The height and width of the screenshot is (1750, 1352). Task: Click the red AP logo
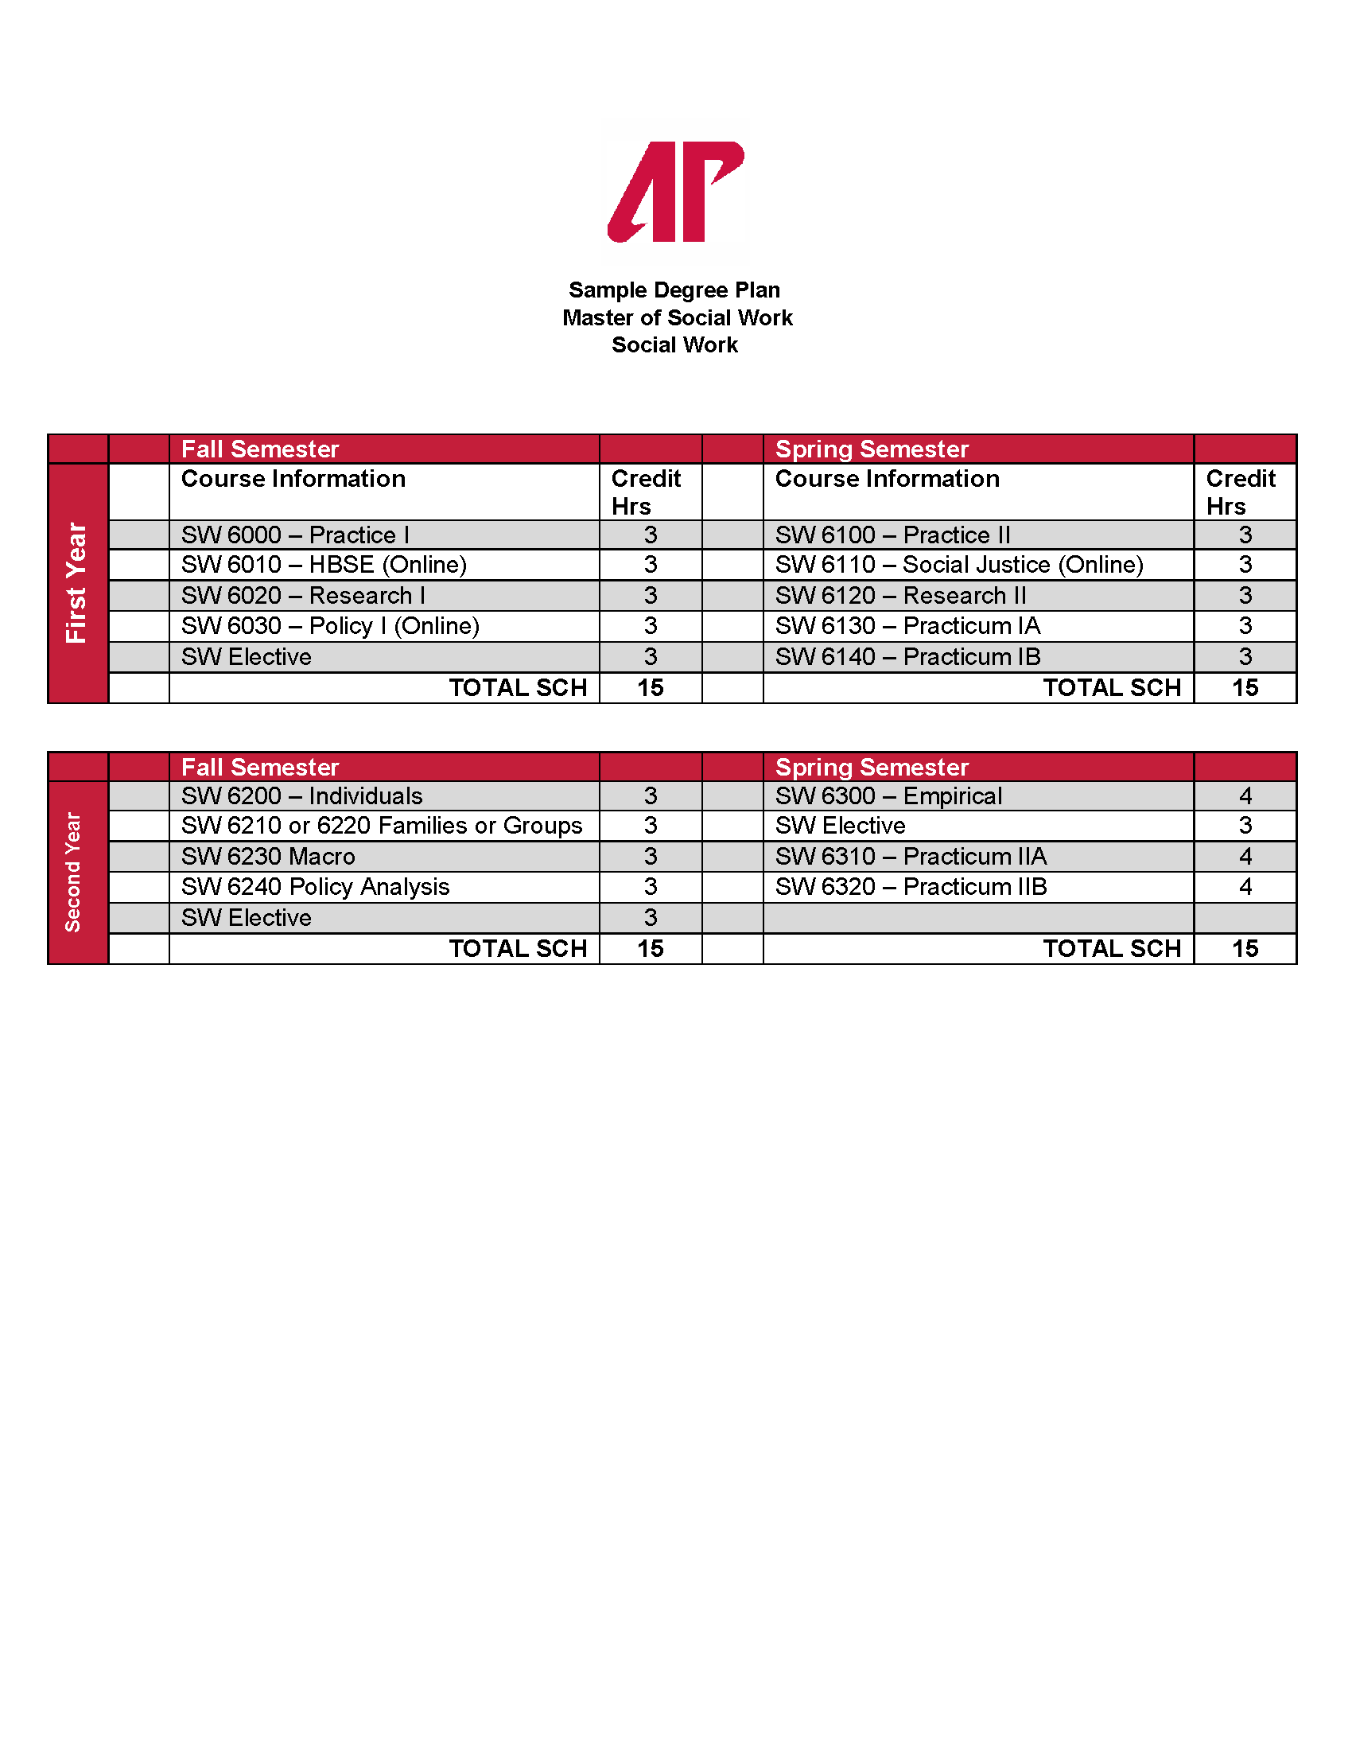(x=675, y=192)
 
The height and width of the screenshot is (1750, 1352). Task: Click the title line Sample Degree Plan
(x=674, y=290)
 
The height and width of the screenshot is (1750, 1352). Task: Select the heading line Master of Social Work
(x=677, y=318)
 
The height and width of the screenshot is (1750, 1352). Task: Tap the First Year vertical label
(x=77, y=582)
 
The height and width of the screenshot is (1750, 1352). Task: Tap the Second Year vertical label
(x=74, y=872)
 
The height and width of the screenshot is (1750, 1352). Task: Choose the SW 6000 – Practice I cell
(x=295, y=535)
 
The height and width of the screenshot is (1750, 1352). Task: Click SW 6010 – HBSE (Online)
(x=324, y=565)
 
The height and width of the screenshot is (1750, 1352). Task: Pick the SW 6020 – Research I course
(x=303, y=595)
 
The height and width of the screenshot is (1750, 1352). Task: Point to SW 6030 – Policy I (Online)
(x=330, y=626)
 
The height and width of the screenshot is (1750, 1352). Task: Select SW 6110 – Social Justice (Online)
(x=959, y=565)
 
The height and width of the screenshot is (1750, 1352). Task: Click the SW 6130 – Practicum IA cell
(x=907, y=626)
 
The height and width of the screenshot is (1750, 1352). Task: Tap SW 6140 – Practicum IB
(x=907, y=657)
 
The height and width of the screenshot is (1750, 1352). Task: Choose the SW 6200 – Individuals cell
(x=302, y=795)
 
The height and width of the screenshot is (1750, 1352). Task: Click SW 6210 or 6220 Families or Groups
(x=381, y=826)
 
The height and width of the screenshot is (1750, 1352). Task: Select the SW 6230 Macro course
(x=268, y=857)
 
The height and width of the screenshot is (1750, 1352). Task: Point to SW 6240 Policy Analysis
(x=315, y=887)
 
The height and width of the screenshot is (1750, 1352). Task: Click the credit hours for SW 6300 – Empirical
(x=1245, y=795)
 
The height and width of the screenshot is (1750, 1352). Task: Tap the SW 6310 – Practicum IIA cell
(x=911, y=857)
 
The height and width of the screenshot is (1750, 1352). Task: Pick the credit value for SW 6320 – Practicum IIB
(x=1245, y=887)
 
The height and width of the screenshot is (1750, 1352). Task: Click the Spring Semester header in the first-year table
(x=872, y=449)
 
